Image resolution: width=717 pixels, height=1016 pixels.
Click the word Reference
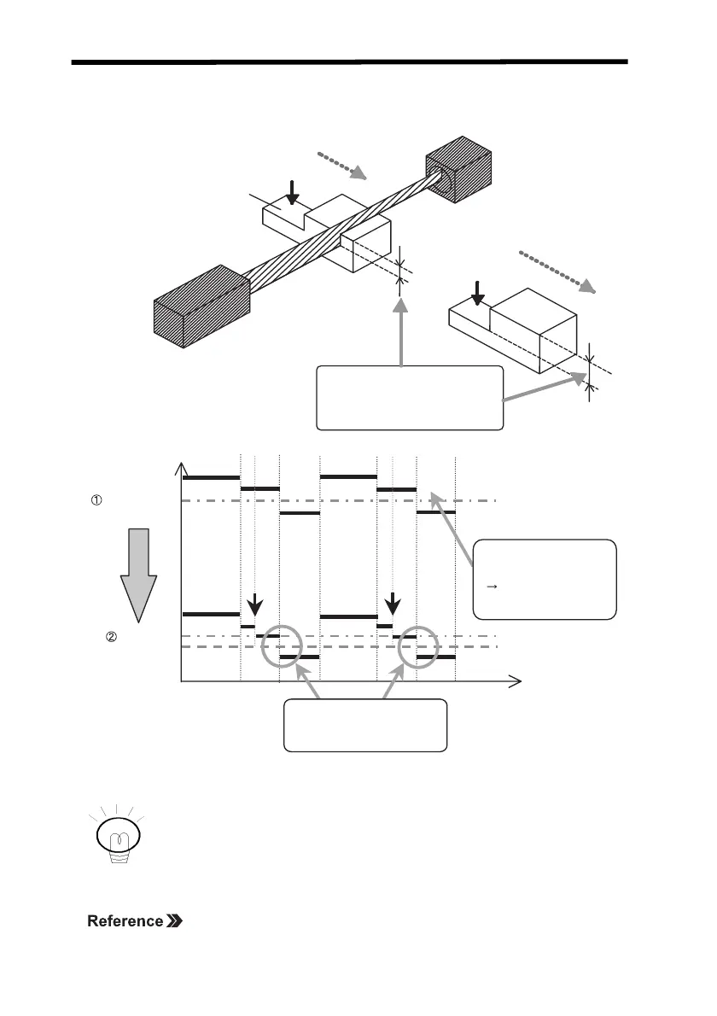(x=125, y=921)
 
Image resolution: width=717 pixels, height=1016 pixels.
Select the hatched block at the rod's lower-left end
(x=201, y=307)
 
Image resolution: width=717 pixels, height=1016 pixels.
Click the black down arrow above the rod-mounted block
(x=293, y=192)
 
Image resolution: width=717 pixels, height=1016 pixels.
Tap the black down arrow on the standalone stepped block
(x=477, y=293)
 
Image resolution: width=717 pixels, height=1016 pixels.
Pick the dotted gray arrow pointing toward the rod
(x=342, y=166)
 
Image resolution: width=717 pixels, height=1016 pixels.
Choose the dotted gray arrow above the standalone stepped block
(x=560, y=272)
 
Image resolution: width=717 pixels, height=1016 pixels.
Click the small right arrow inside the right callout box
(x=492, y=587)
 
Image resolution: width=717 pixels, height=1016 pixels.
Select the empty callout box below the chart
(x=364, y=725)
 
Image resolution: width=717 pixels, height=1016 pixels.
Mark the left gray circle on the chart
(x=281, y=646)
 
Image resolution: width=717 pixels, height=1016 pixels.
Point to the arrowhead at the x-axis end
(x=515, y=680)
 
